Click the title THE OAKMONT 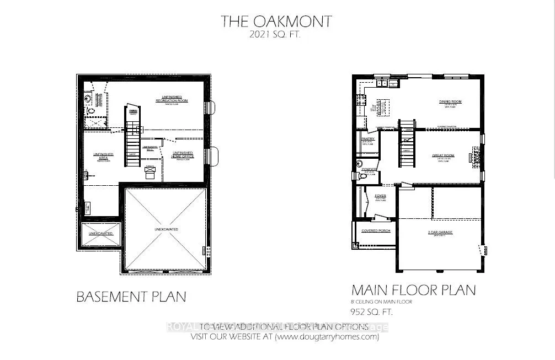point(276,22)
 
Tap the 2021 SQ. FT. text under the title point(276,35)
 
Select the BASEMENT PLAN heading point(131,297)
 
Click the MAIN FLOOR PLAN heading point(413,290)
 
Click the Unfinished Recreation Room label point(172,100)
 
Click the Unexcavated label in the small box point(101,233)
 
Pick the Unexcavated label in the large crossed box point(166,229)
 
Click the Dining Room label point(450,102)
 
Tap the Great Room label point(442,156)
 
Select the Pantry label point(368,139)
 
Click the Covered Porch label point(376,230)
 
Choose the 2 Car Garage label point(439,233)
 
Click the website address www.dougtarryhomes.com point(327,337)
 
